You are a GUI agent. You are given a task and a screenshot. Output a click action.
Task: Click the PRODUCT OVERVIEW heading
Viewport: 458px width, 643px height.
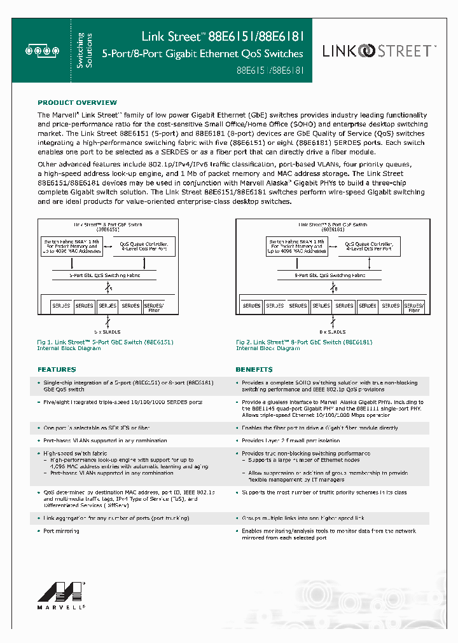(x=77, y=102)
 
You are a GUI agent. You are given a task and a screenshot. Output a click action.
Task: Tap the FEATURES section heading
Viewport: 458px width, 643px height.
(x=57, y=369)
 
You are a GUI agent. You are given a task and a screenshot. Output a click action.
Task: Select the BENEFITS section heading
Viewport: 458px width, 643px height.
(x=254, y=369)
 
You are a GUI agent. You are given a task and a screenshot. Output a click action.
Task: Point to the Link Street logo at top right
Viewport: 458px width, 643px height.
(x=379, y=51)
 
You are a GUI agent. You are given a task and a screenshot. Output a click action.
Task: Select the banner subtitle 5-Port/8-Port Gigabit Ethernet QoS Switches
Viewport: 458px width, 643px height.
(x=203, y=54)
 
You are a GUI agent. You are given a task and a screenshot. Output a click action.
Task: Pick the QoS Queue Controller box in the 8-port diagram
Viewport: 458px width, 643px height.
(x=372, y=247)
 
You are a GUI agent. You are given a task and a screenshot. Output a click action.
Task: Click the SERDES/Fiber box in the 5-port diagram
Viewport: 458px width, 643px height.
(x=153, y=308)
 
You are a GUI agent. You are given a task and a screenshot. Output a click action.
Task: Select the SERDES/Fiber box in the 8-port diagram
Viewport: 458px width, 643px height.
(x=414, y=308)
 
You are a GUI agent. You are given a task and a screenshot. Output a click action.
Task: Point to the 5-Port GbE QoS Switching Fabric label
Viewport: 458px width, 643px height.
(x=104, y=275)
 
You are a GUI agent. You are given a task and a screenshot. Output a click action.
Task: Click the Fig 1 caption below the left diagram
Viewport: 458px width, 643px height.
(x=105, y=345)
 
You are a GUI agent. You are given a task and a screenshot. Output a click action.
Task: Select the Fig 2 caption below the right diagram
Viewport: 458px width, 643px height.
(x=300, y=345)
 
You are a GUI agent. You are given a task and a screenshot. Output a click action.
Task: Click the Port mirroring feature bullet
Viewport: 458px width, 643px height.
(x=61, y=531)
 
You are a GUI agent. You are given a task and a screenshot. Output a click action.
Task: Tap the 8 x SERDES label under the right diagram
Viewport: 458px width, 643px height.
(x=331, y=332)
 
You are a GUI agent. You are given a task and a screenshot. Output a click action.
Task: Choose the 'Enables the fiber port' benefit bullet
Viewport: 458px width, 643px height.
(x=320, y=428)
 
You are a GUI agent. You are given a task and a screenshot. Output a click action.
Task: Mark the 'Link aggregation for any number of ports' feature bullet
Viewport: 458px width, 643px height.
(x=116, y=518)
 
